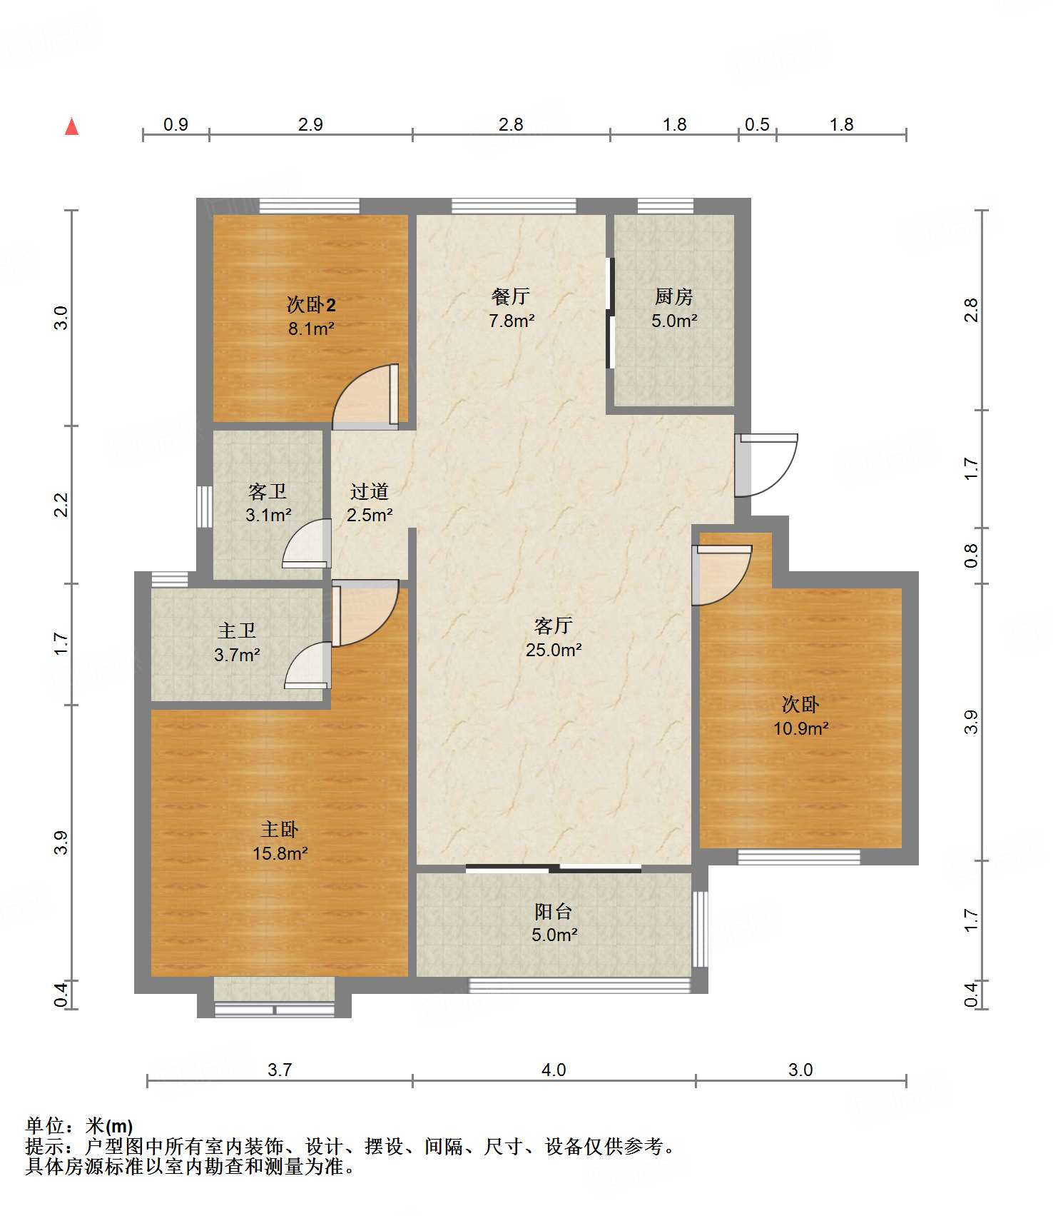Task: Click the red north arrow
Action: (71, 126)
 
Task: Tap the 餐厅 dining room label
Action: (511, 296)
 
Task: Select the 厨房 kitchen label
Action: (673, 296)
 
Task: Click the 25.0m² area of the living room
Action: (554, 650)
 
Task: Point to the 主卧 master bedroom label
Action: (280, 829)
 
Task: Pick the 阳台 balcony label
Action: (554, 911)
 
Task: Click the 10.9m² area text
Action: (801, 728)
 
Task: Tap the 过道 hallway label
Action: (370, 491)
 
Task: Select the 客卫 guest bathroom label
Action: (268, 491)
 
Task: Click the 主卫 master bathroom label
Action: (237, 630)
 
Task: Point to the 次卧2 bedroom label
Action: (311, 305)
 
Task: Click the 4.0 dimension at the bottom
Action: (554, 1070)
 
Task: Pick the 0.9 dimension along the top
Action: (175, 125)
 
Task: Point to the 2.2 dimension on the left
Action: (62, 505)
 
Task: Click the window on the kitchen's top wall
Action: (665, 206)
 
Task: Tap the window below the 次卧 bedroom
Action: (798, 857)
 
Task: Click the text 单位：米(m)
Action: (79, 1126)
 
